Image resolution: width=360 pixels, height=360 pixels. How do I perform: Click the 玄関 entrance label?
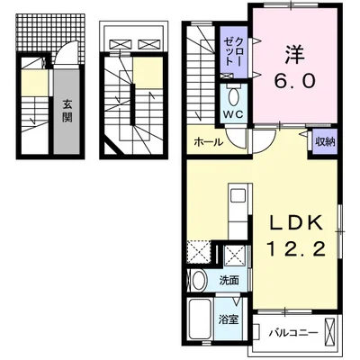pos(67,114)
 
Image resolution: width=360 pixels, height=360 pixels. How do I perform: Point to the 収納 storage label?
pos(325,141)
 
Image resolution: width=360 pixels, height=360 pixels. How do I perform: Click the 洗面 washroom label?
pos(229,280)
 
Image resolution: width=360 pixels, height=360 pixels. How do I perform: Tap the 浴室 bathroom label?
pos(228,319)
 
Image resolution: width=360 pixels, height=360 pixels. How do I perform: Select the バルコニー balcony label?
pos(293,332)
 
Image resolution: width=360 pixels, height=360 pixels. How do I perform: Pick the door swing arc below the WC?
pos(236,139)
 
